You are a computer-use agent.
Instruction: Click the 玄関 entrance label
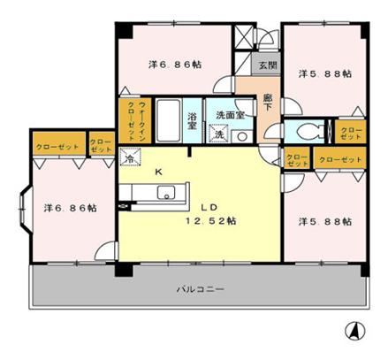coord(266,65)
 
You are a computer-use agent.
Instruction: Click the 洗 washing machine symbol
coord(218,134)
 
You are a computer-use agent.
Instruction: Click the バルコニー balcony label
coord(199,289)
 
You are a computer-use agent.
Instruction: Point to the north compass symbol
coord(354,333)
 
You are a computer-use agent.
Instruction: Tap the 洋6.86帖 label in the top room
coord(174,65)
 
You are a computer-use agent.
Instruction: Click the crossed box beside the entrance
coord(243,37)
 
